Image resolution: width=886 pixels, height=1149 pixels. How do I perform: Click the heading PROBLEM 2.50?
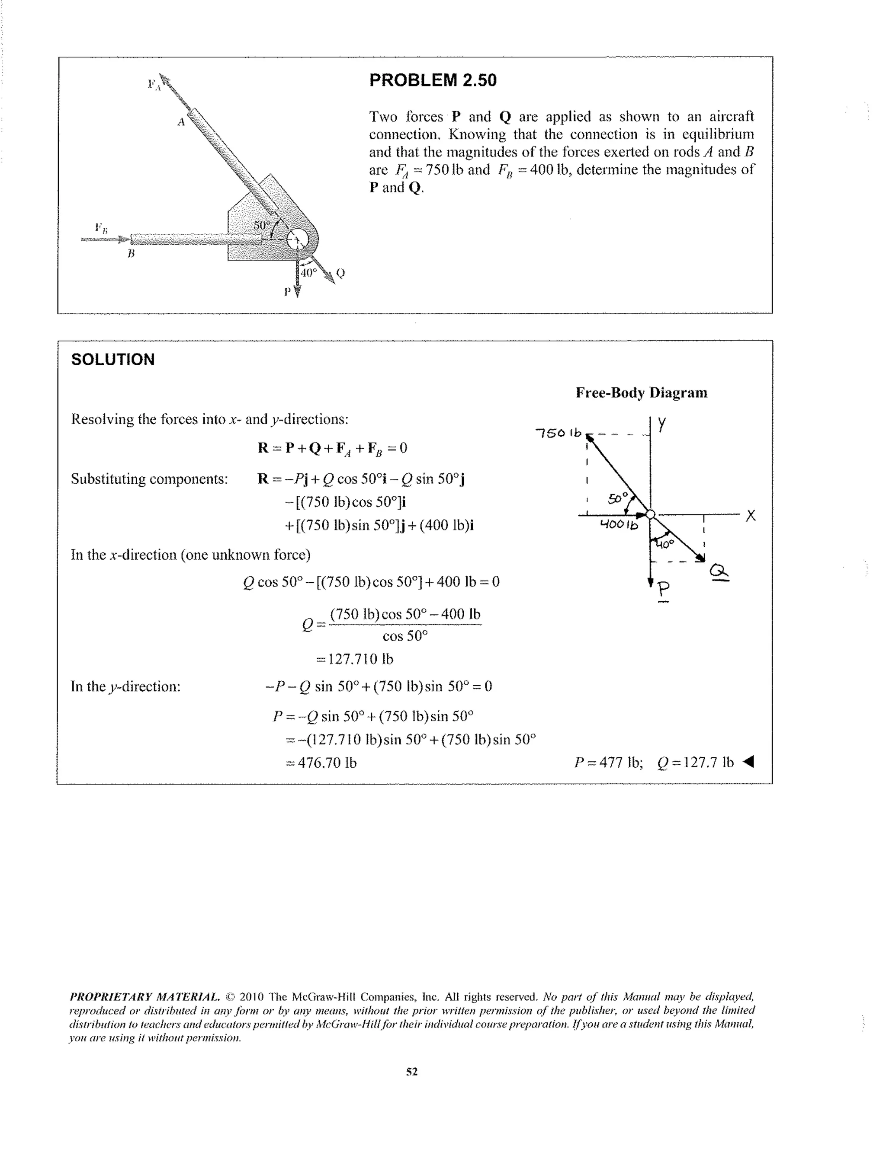point(433,80)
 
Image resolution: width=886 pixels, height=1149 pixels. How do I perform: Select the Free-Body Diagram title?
point(641,393)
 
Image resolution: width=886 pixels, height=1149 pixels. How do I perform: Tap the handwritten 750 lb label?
point(558,433)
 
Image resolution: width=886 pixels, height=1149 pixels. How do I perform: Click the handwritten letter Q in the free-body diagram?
point(719,571)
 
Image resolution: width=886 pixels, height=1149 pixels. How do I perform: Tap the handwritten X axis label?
point(750,516)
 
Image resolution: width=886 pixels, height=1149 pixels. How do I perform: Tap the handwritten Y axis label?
point(662,424)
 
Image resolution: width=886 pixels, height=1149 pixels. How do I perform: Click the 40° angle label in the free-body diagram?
point(664,545)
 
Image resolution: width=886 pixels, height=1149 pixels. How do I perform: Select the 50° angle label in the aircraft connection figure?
point(262,225)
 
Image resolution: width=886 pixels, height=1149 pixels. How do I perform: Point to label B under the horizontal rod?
point(131,254)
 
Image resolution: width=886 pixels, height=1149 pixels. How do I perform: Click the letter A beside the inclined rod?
point(180,122)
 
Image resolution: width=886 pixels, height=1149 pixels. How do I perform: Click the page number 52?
point(412,1072)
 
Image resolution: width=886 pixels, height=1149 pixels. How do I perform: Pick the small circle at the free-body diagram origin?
point(650,514)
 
